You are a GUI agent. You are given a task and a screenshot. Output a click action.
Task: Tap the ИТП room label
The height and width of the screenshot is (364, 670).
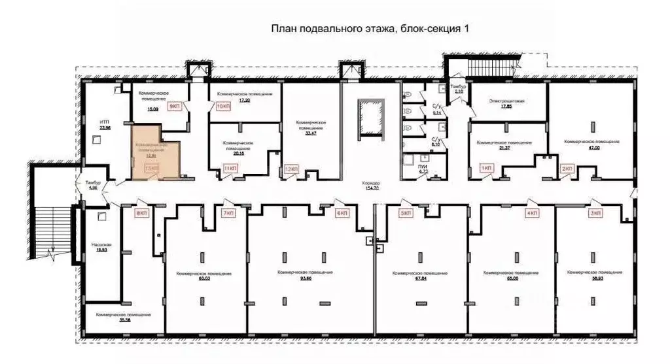[104, 124]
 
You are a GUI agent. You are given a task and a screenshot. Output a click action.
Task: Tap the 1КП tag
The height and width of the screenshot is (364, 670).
[486, 169]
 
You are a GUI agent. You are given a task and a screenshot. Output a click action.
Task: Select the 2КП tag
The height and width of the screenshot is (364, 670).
[567, 169]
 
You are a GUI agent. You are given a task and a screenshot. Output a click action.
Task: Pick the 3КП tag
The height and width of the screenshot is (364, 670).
[595, 213]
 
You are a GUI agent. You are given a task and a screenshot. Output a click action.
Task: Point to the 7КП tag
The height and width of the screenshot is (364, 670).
[228, 213]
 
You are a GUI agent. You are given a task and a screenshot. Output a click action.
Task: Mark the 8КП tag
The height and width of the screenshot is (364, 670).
[139, 213]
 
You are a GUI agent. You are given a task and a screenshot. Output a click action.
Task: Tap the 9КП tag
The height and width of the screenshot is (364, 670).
[175, 106]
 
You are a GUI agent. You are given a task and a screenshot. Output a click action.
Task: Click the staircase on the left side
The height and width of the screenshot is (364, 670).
[48, 216]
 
